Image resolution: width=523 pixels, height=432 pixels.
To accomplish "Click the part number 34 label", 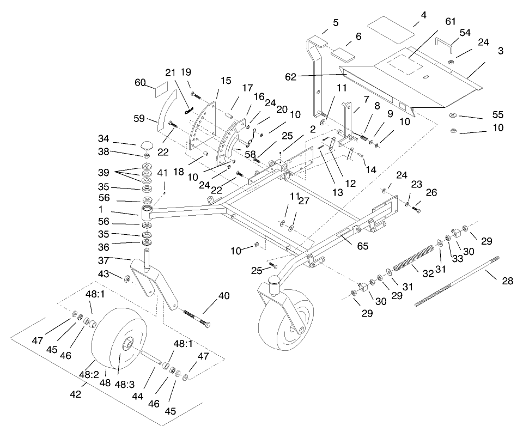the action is click(104, 138).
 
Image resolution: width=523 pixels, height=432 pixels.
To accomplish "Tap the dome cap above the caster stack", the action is click(146, 146).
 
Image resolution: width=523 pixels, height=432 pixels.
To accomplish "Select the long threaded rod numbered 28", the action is click(458, 281).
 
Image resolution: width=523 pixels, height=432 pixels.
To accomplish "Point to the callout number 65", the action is click(363, 246).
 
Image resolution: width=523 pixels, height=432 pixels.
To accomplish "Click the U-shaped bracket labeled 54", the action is click(444, 44).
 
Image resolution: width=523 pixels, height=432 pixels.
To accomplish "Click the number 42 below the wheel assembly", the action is click(75, 394).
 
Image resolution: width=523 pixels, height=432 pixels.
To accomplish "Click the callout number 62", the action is click(290, 77).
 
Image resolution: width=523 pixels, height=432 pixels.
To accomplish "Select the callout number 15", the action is click(226, 81).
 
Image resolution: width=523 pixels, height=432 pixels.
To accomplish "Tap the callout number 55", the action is click(497, 114).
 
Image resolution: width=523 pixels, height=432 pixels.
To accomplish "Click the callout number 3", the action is click(500, 51).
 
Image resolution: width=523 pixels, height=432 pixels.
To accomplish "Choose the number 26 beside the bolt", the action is click(431, 192).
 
